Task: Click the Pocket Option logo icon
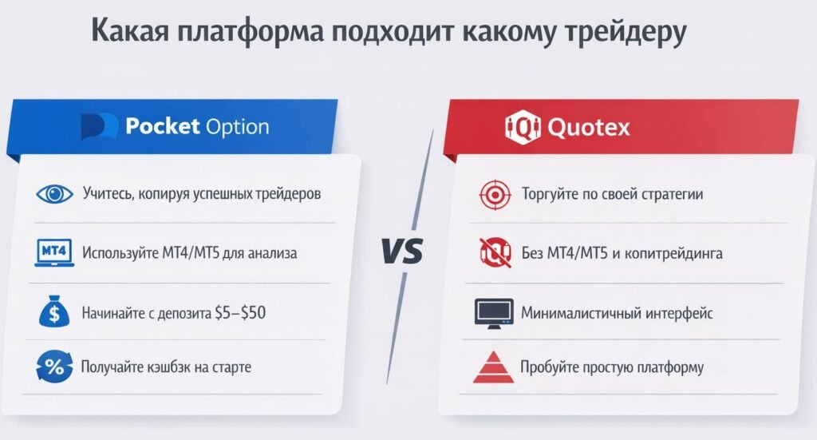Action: tap(100, 126)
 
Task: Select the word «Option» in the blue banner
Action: tap(236, 126)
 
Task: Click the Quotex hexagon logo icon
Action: tap(522, 127)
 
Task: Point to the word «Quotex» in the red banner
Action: tap(589, 127)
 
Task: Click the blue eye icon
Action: tap(54, 194)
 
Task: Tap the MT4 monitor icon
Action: tap(54, 252)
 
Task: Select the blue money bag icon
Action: tap(54, 311)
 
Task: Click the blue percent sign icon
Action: tap(54, 368)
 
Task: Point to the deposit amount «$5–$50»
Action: tap(239, 312)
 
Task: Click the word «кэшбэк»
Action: tap(173, 368)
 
